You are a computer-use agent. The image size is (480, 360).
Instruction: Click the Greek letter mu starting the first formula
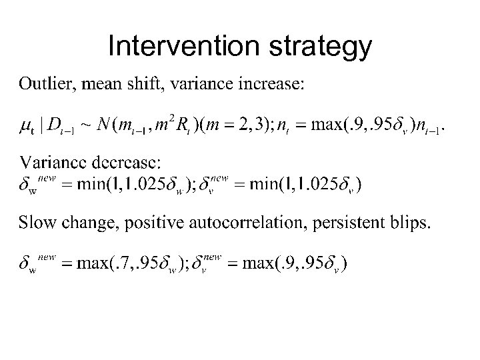26,125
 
